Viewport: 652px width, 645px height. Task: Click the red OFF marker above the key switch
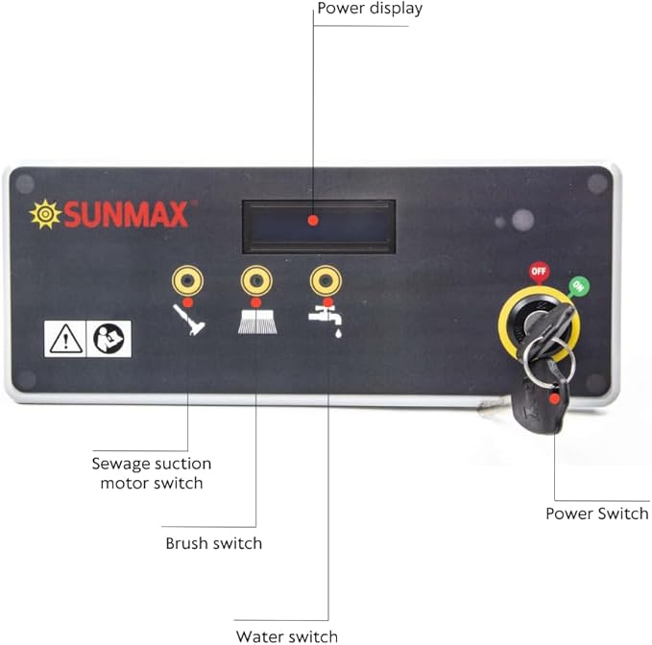click(539, 273)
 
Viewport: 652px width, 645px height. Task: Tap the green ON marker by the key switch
click(578, 286)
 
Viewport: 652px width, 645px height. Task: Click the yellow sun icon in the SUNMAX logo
click(45, 214)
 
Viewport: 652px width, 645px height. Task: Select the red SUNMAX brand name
click(126, 214)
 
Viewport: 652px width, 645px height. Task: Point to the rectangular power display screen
click(319, 227)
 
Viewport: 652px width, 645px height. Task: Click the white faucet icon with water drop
click(326, 322)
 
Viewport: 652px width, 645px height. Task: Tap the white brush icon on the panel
click(257, 321)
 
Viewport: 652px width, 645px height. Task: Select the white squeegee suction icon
click(189, 320)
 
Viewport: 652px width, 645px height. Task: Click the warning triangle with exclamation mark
click(65, 339)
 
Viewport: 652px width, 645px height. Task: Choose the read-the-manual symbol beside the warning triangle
click(109, 339)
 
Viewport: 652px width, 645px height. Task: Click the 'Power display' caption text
click(370, 9)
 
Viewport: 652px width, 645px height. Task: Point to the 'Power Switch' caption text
click(597, 514)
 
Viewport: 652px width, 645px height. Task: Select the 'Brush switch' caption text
click(214, 543)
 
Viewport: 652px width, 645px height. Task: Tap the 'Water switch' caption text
click(287, 636)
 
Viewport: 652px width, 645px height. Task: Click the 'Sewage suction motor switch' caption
click(152, 473)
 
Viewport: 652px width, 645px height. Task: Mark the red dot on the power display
click(313, 221)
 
